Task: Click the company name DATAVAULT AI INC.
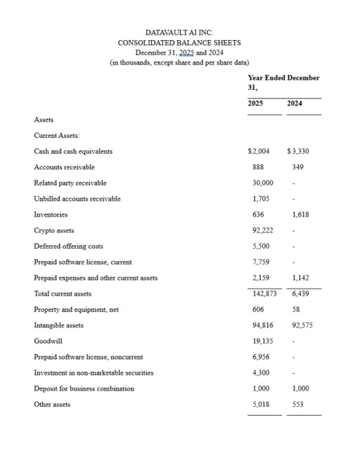179,32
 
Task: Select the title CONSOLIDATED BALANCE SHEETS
179,43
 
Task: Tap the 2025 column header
257,104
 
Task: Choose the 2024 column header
295,104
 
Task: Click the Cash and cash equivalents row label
73,151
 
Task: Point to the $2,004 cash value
259,151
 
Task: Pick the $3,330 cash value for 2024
298,151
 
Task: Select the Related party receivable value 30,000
262,183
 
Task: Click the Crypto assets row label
53,230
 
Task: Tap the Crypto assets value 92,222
262,230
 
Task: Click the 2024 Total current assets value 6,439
300,294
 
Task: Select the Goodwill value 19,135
262,341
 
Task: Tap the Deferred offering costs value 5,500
261,246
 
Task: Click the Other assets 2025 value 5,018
261,405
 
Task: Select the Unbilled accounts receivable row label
77,199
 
